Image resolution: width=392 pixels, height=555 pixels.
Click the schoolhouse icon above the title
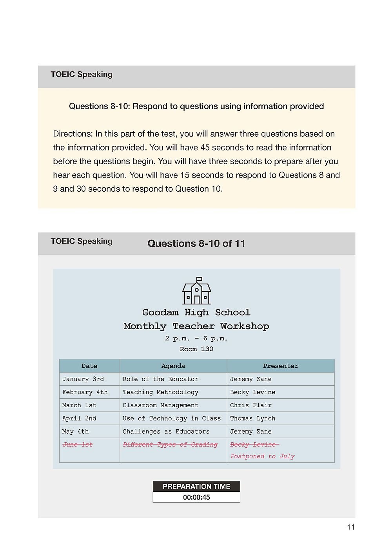pos(196,291)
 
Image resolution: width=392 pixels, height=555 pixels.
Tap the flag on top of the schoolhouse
pos(199,279)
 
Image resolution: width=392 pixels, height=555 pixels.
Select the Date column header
pos(89,366)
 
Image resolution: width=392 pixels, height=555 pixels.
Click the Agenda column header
pos(173,366)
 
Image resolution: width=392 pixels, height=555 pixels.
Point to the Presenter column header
pos(280,366)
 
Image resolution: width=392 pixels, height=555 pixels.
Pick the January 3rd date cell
pos(83,379)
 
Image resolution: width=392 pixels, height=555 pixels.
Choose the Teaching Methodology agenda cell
pos(160,392)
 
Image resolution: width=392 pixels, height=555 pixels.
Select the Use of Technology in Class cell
pos(172,418)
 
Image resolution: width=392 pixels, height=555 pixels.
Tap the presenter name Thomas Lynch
pos(252,418)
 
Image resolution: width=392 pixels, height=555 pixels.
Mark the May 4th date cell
pos(75,431)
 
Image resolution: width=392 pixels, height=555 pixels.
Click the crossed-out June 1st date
pos(78,445)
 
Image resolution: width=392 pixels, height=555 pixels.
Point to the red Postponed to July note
pos(262,456)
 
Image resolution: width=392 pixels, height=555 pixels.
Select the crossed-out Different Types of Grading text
pos(170,445)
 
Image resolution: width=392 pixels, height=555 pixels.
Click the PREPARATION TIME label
pos(196,486)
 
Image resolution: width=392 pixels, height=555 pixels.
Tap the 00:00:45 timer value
pos(196,497)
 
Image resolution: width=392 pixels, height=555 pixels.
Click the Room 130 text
pos(196,349)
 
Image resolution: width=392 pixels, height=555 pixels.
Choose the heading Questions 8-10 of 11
pos(196,244)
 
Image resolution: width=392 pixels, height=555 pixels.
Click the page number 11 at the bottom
pos(350,527)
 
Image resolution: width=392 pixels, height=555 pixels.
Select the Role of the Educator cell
pos(160,379)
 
